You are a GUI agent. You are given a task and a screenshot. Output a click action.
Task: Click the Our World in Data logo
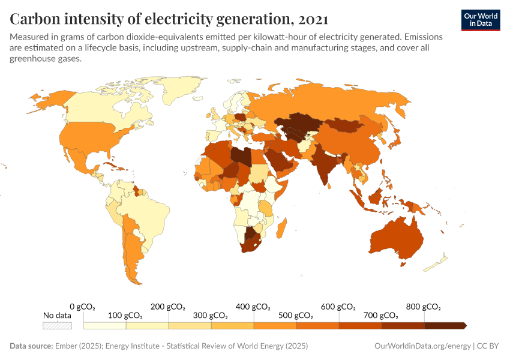click(481, 20)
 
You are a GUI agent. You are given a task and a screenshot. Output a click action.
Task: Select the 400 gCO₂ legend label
click(253, 307)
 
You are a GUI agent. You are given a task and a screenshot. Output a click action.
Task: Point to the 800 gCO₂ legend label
click(424, 307)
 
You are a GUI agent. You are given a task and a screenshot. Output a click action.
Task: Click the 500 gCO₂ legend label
click(296, 316)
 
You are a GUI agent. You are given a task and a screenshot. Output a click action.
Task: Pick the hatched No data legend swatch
click(57, 325)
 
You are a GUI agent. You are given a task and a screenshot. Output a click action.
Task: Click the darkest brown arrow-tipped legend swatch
click(445, 325)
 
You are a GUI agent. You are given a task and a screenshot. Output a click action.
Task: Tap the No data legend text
click(57, 316)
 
